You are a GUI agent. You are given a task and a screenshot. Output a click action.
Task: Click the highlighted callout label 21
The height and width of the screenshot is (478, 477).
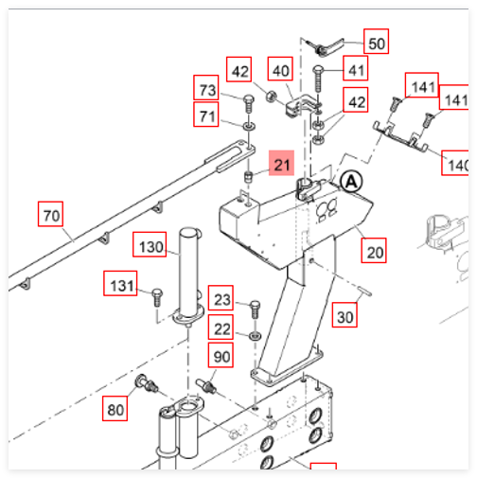(281, 163)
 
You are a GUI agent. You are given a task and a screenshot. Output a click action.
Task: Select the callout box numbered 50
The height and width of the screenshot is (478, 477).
(376, 42)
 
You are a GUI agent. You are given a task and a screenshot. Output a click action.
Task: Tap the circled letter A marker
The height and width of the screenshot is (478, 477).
(351, 182)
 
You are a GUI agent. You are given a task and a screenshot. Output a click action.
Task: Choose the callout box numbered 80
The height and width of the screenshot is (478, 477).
(115, 409)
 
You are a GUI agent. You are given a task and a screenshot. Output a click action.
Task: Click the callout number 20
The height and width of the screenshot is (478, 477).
(374, 251)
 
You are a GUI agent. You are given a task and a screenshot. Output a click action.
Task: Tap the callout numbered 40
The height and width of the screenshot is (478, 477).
(280, 69)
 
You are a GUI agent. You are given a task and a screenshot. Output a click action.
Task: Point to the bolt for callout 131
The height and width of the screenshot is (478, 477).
(157, 297)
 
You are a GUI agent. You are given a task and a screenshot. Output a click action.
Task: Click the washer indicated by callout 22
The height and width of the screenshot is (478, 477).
(255, 336)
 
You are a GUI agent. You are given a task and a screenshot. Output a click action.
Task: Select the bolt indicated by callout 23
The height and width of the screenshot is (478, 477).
(255, 310)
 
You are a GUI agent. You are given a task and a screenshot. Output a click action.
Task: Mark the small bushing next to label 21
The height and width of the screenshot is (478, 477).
(249, 177)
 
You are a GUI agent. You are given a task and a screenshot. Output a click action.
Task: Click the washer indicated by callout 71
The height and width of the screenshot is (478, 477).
(249, 127)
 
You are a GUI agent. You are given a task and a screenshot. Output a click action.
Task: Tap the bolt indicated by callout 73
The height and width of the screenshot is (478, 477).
(249, 103)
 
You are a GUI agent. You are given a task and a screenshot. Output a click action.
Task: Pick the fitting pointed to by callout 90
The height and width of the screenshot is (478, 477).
(205, 385)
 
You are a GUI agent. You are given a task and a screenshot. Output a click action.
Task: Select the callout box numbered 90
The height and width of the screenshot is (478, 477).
(221, 355)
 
